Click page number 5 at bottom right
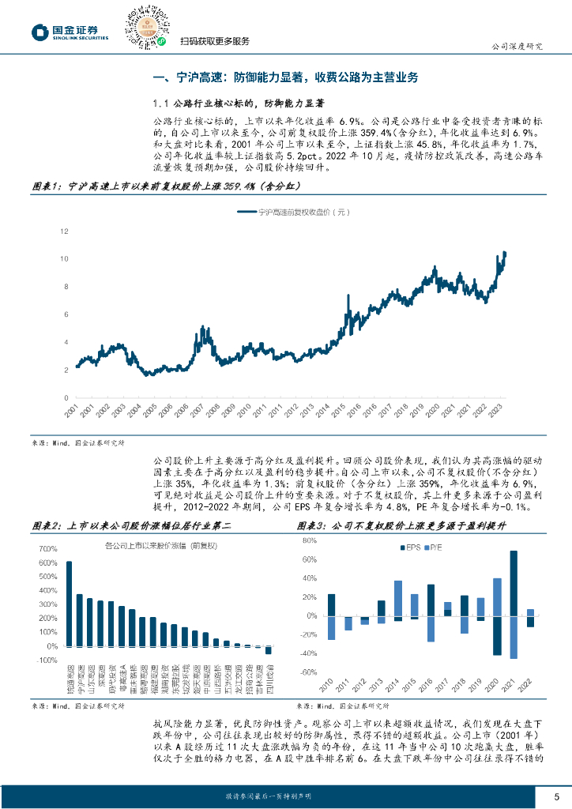coord(556,795)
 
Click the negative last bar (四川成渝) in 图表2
coord(268,650)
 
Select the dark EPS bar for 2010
coord(331,604)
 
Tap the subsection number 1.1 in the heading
coord(161,103)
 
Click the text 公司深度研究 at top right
coord(517,46)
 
